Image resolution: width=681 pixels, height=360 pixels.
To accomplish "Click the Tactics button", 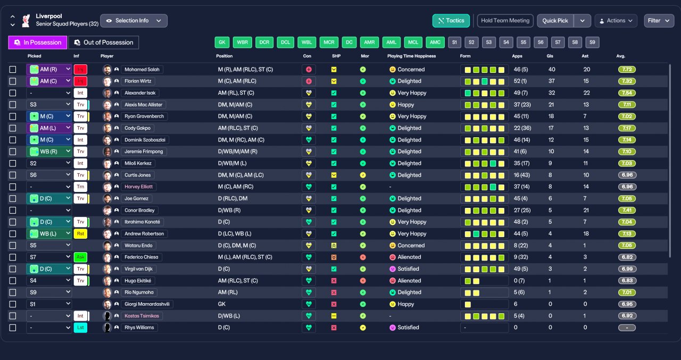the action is coord(451,21).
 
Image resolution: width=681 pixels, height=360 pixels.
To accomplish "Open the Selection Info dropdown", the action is coord(134,21).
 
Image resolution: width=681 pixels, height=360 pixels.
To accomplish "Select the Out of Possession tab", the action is coord(104,43).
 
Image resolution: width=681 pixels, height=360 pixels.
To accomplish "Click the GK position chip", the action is coord(222,42).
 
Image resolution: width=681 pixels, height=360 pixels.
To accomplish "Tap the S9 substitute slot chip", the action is coord(592,42).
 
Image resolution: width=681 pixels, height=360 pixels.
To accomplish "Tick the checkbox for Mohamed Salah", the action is coord(13,70).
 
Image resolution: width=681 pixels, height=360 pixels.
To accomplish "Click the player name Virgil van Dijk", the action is coord(139,269).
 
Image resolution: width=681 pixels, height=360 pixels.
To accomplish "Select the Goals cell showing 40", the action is coord(552,70).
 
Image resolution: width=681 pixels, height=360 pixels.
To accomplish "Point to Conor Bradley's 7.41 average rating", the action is coord(627,210).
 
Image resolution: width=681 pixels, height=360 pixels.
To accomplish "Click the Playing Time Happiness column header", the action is coord(411,56).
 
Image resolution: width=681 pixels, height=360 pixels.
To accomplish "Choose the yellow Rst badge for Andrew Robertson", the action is coord(80,233).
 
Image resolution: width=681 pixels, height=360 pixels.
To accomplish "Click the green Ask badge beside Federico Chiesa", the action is coord(80,257).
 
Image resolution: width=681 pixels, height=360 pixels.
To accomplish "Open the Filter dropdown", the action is coord(659,21).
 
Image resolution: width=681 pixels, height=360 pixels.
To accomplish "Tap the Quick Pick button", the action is coord(555,21).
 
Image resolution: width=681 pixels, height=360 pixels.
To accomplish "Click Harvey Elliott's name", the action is coord(139,187).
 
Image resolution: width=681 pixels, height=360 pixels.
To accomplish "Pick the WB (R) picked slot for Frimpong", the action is coord(49,152).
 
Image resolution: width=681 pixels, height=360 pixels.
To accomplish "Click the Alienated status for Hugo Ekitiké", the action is coord(409,281).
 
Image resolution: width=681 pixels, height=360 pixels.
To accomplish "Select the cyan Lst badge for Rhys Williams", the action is coord(80,328).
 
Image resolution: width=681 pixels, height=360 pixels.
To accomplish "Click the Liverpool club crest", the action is coord(26,21).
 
